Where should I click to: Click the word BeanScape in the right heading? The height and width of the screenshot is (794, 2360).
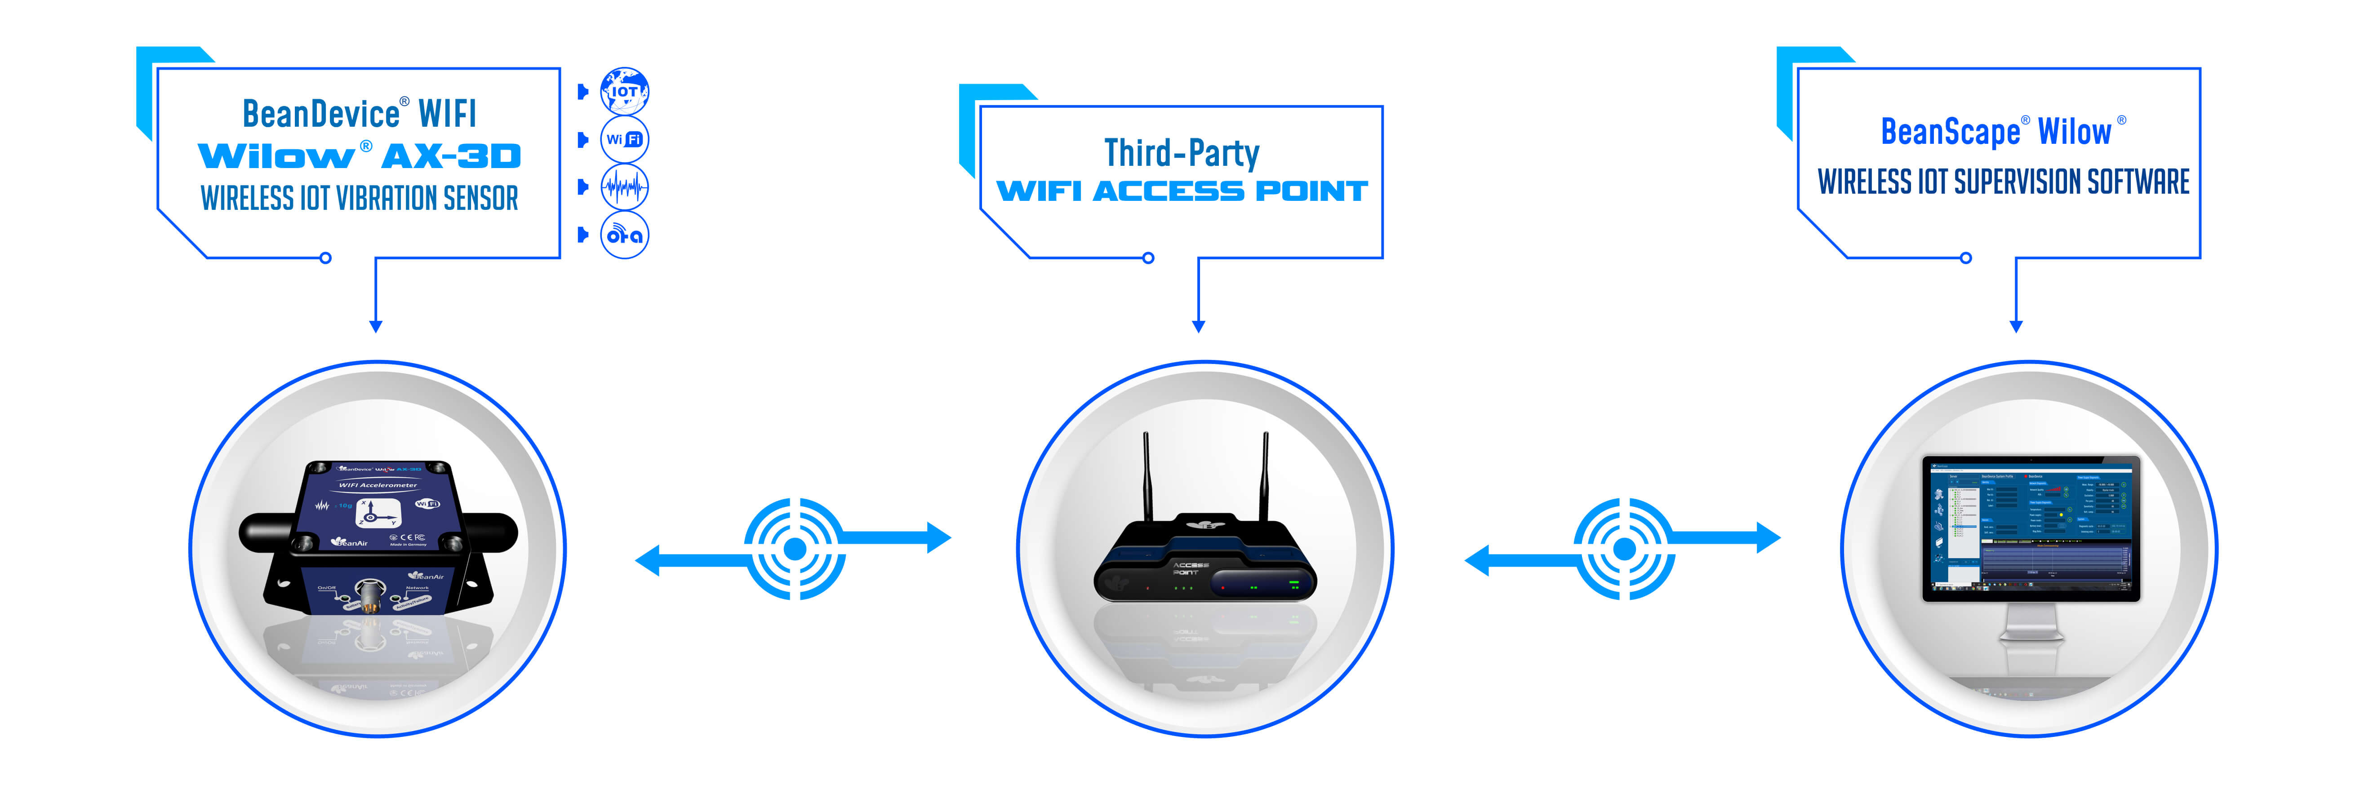coord(1950,132)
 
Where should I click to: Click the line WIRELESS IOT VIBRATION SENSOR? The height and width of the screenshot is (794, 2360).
coord(359,198)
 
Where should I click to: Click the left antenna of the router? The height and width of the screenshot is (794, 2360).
coord(1145,476)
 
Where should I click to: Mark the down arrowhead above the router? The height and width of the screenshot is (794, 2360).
coord(1198,326)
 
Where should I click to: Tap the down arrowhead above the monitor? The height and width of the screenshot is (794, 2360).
coord(2016,326)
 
